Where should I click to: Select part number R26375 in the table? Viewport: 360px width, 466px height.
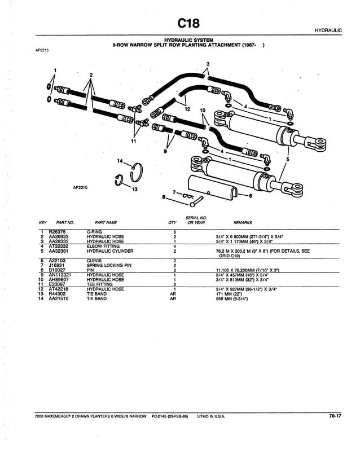(x=58, y=231)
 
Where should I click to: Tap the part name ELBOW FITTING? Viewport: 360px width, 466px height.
(x=103, y=246)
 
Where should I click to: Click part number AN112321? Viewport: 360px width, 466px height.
(x=60, y=275)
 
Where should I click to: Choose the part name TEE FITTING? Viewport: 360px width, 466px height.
(x=99, y=284)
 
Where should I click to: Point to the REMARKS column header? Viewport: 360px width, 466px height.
(x=243, y=223)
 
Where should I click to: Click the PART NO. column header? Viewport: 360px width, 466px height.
(x=65, y=223)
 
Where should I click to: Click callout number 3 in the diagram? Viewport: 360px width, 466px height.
(x=208, y=63)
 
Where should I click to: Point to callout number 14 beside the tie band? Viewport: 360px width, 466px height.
(x=119, y=161)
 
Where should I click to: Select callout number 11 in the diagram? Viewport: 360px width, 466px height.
(x=133, y=141)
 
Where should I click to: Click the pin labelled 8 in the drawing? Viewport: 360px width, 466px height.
(x=195, y=200)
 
